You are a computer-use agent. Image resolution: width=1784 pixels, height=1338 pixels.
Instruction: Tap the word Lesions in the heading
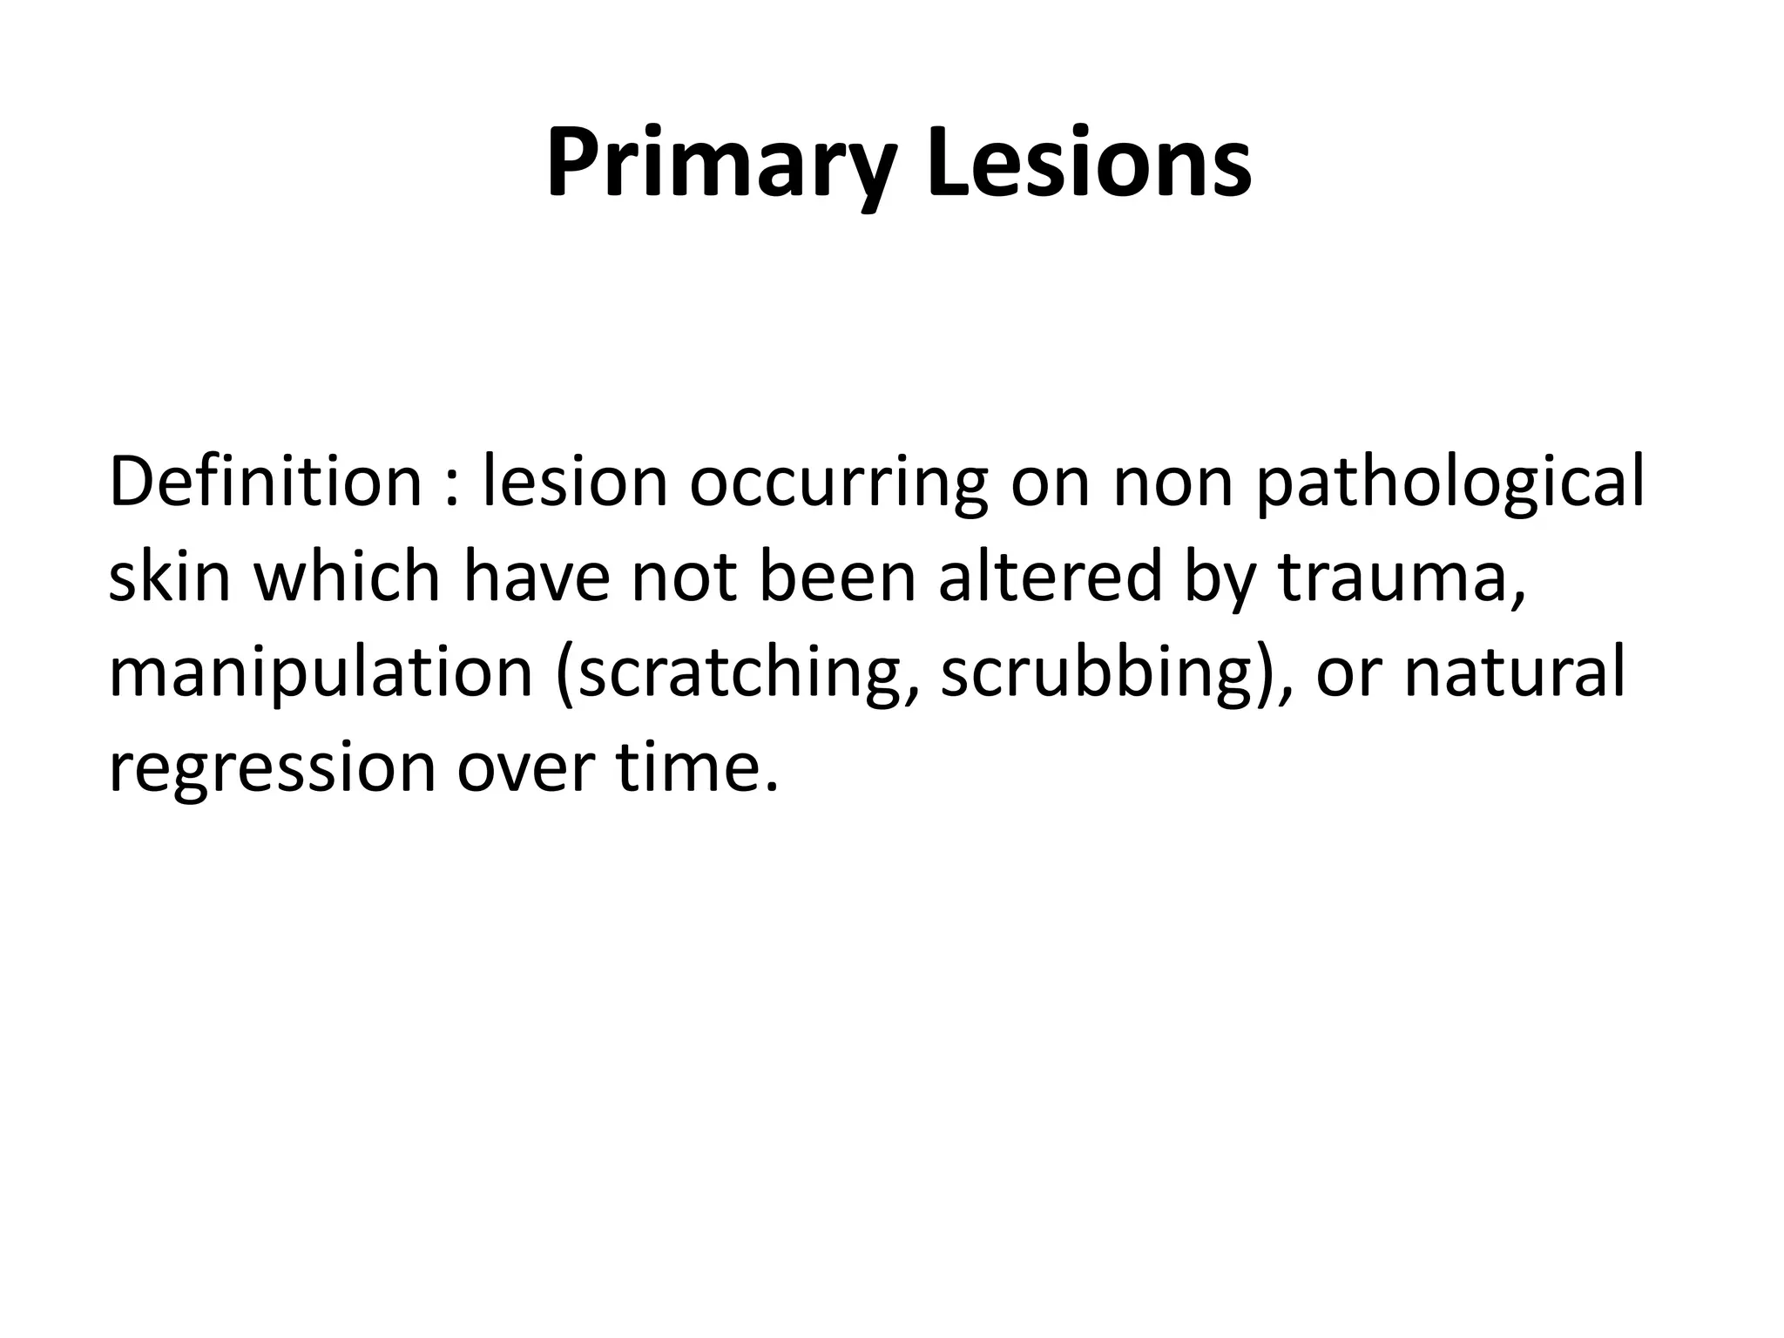click(1089, 164)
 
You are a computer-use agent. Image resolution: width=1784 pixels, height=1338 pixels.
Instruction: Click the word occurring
click(839, 484)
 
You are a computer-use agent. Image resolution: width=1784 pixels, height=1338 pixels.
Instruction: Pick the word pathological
click(1450, 484)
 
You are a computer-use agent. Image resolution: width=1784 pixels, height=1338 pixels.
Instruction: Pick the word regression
click(271, 770)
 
